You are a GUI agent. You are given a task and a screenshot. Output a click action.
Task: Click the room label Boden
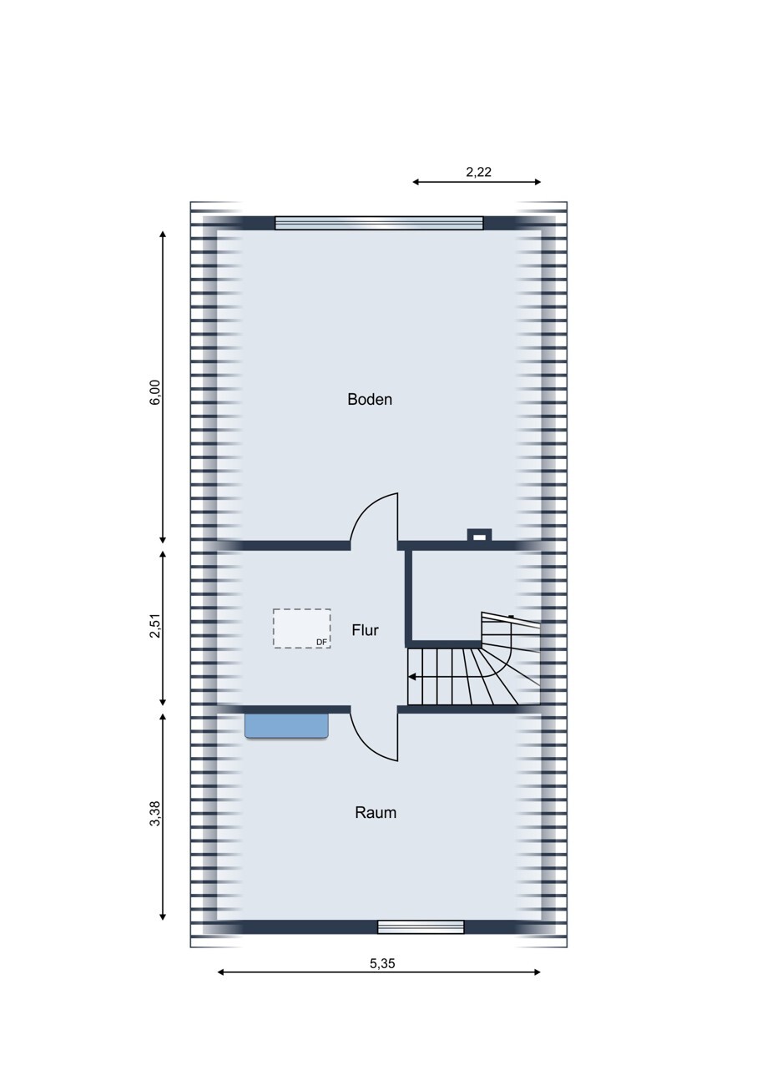click(370, 400)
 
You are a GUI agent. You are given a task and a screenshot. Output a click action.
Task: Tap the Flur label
click(365, 630)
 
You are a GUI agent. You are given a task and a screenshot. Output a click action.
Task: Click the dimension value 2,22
click(478, 172)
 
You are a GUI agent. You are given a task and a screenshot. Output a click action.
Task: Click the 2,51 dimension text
click(155, 628)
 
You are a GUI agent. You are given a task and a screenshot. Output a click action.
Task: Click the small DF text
click(322, 643)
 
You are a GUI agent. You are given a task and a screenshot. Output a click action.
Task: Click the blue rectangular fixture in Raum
click(286, 725)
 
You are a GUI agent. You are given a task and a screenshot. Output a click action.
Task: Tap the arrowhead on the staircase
click(412, 677)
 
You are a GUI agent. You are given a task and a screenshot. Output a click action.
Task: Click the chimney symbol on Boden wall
click(479, 536)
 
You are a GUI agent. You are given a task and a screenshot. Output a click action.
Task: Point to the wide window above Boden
click(379, 223)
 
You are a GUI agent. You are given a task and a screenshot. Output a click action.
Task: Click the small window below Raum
click(421, 926)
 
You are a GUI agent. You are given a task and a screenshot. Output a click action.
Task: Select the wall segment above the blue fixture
click(283, 709)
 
